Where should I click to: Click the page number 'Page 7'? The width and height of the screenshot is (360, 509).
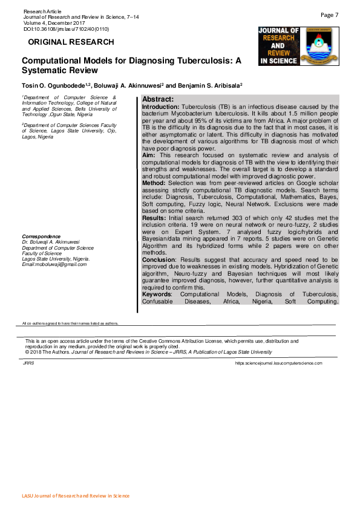point(330,15)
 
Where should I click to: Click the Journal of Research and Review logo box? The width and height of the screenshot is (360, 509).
point(278,46)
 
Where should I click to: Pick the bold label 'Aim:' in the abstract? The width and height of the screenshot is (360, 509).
point(148,155)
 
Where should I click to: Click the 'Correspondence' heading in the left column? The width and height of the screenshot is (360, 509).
point(41,236)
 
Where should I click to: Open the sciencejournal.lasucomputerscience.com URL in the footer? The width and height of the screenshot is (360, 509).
point(278,363)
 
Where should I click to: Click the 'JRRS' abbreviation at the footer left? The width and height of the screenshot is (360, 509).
point(28,363)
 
